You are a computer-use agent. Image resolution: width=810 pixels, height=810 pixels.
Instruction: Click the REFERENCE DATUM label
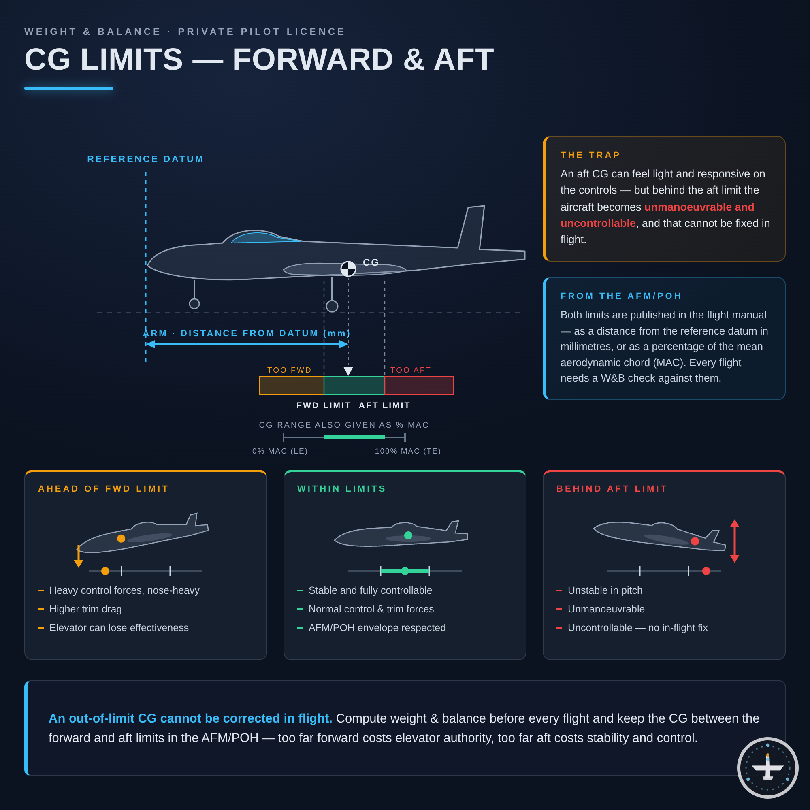click(x=145, y=159)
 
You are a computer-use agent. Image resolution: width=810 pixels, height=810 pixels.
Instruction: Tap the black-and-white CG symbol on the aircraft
click(x=348, y=269)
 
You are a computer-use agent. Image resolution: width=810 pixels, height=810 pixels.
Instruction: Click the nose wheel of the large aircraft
click(x=194, y=303)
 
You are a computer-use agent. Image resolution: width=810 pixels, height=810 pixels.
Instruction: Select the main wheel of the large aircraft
click(x=332, y=306)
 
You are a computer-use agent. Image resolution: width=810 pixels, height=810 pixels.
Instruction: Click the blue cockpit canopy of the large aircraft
click(x=266, y=238)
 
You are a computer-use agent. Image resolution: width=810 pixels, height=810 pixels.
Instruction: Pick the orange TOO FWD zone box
click(x=291, y=385)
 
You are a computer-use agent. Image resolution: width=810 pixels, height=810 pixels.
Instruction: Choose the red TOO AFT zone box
click(x=419, y=385)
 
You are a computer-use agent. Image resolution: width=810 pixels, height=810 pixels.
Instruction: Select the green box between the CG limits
click(x=354, y=385)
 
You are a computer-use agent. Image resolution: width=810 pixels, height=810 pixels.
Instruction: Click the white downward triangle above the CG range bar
click(x=348, y=371)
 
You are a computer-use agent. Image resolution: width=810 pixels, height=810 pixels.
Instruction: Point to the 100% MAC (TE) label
click(x=408, y=451)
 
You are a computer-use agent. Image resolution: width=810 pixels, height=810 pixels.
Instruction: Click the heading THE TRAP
click(x=590, y=155)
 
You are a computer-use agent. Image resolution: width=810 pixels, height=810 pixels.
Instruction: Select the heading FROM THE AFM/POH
click(x=621, y=296)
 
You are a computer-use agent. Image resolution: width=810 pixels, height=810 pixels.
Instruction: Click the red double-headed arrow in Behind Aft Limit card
click(x=735, y=541)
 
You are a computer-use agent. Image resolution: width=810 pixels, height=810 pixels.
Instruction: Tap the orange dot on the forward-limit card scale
click(x=105, y=571)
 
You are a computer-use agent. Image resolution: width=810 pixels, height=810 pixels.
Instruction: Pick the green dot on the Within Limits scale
click(x=405, y=571)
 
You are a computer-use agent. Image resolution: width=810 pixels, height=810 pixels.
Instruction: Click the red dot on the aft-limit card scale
click(x=706, y=571)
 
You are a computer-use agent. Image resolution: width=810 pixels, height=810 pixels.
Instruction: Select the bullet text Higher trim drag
click(x=85, y=609)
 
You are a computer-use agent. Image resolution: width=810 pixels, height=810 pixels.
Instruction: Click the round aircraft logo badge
click(x=767, y=767)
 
